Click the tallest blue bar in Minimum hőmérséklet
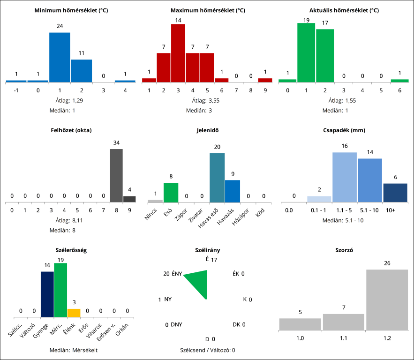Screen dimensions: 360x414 (60, 57)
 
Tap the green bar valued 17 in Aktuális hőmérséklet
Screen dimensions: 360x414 (325, 55)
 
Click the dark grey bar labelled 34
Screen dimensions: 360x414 (116, 175)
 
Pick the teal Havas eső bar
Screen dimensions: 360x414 (217, 178)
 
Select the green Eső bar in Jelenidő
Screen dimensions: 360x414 (171, 192)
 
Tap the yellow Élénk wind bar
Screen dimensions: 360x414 (74, 313)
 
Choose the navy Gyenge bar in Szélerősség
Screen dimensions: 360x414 (47, 294)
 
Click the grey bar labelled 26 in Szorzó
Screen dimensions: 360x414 (387, 300)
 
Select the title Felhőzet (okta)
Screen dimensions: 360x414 (71, 130)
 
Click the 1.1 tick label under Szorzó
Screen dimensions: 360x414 (344, 338)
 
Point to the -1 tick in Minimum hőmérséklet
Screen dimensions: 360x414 (16, 90)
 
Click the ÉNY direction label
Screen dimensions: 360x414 (177, 274)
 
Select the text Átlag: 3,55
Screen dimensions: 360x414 (207, 100)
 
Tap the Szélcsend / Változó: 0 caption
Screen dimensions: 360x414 (207, 350)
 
